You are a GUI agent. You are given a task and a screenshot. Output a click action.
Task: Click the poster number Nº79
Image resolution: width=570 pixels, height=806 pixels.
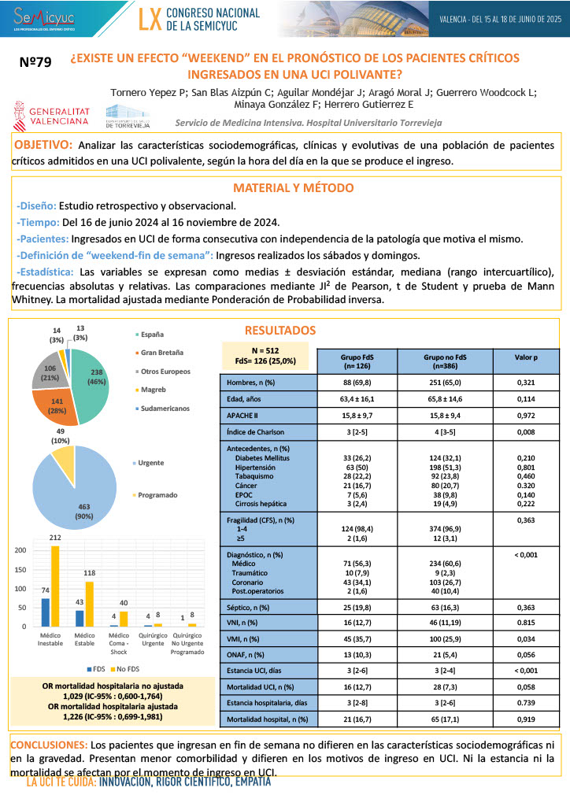(35, 65)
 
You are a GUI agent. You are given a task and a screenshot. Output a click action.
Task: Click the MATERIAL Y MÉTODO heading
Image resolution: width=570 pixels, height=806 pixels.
(293, 188)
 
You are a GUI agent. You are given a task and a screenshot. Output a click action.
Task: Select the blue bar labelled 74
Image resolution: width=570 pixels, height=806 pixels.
(46, 612)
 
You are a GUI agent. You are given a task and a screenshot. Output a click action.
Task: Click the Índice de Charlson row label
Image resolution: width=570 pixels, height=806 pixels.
(250, 432)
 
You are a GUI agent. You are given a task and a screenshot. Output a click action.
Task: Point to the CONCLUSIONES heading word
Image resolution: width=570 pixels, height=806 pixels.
(48, 744)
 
